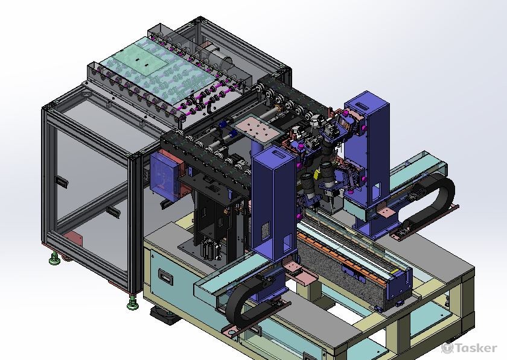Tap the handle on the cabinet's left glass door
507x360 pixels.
[62, 182]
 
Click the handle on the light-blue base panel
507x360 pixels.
[165, 278]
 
